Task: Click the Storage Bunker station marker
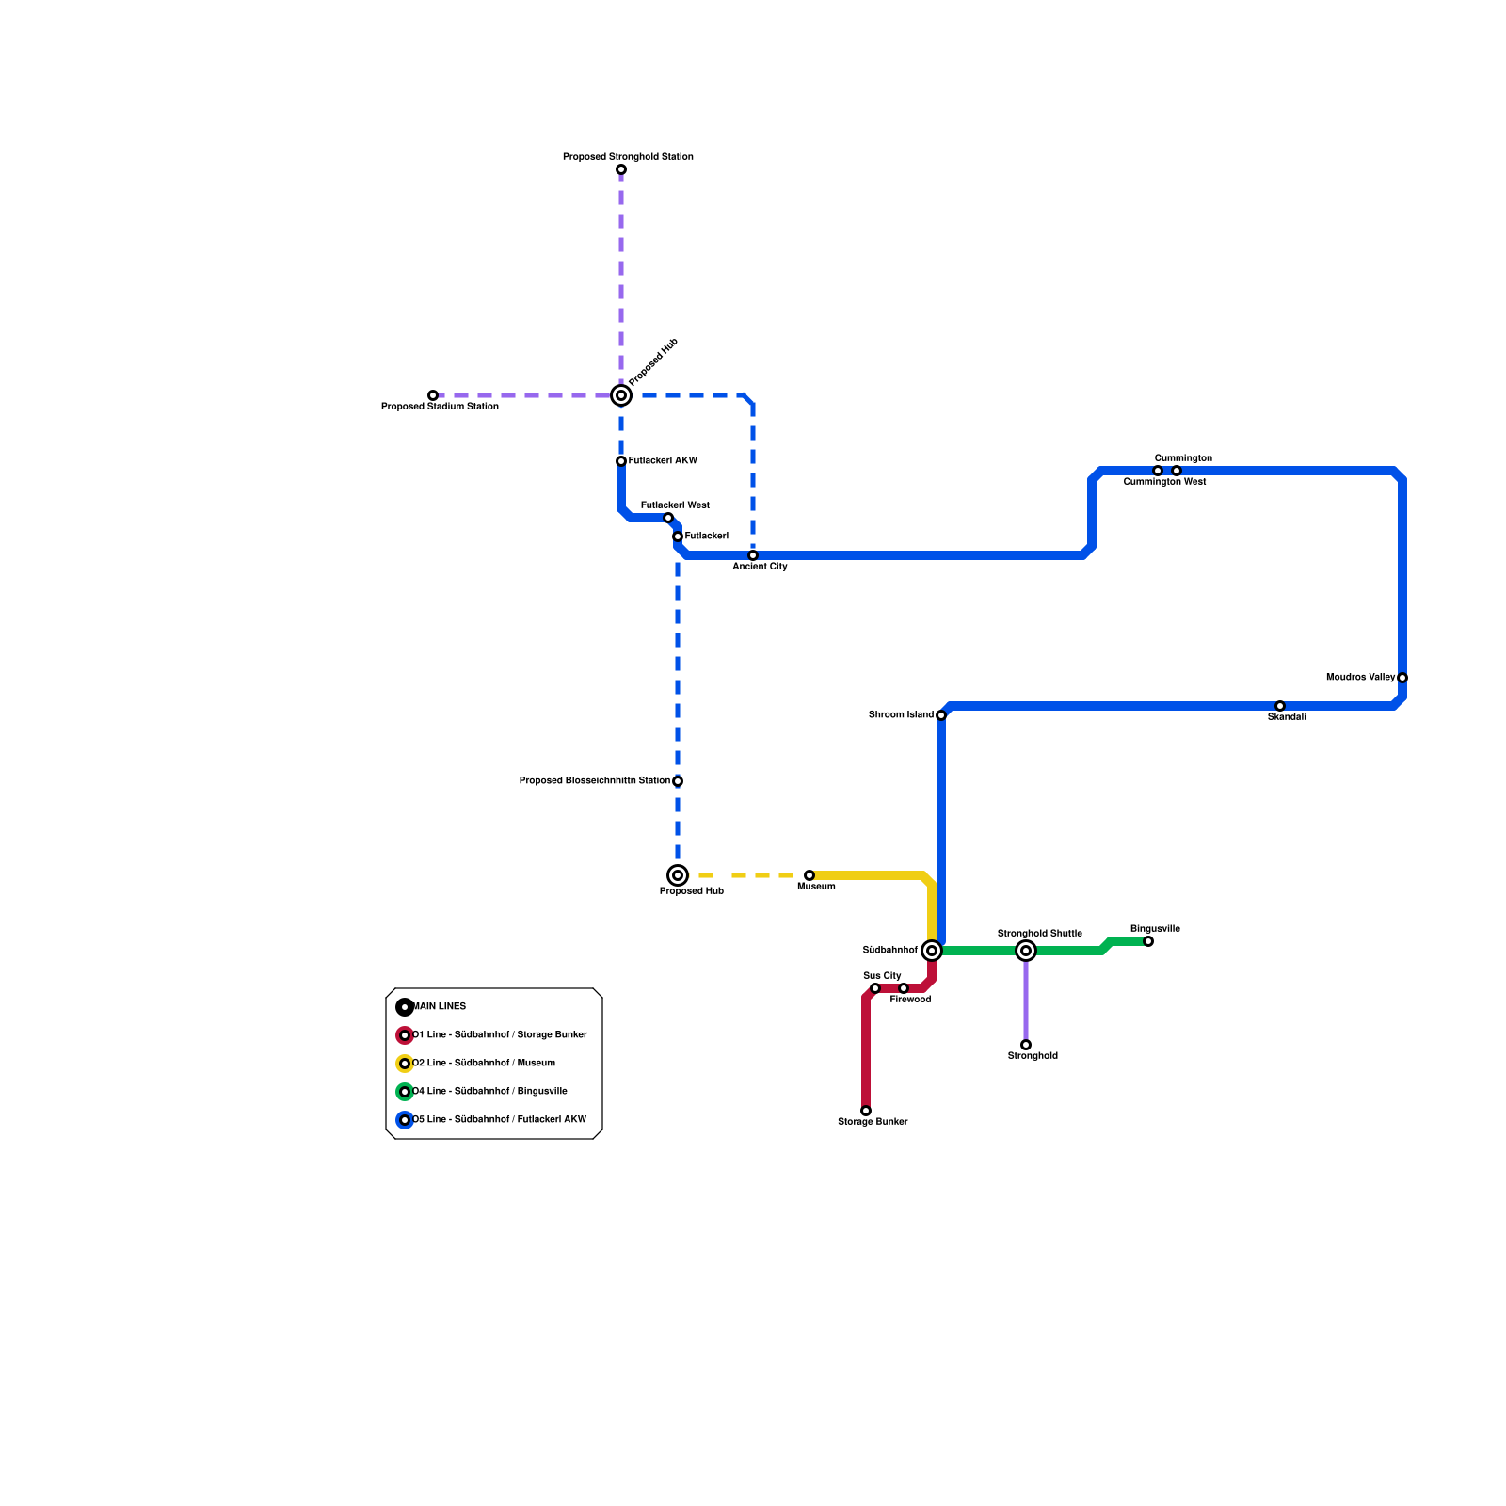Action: (x=866, y=1111)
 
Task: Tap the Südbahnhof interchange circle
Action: (x=932, y=951)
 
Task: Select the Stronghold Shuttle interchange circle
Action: (x=1026, y=951)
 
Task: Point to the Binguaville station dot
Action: (x=1148, y=941)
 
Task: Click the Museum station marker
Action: (x=809, y=875)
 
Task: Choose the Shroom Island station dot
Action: (x=941, y=715)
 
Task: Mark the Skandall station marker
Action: (x=1280, y=706)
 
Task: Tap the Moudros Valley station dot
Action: (x=1402, y=678)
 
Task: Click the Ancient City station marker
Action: (x=753, y=555)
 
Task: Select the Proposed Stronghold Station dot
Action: (x=621, y=169)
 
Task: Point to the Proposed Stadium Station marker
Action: (x=433, y=395)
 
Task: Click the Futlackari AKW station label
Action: (x=663, y=461)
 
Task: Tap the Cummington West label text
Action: (x=1164, y=482)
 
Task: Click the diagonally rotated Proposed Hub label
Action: (x=653, y=362)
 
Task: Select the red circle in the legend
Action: (x=405, y=1035)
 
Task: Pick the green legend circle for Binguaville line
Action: (x=405, y=1092)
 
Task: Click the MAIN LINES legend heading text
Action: (x=440, y=1007)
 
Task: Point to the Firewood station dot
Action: (x=904, y=988)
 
